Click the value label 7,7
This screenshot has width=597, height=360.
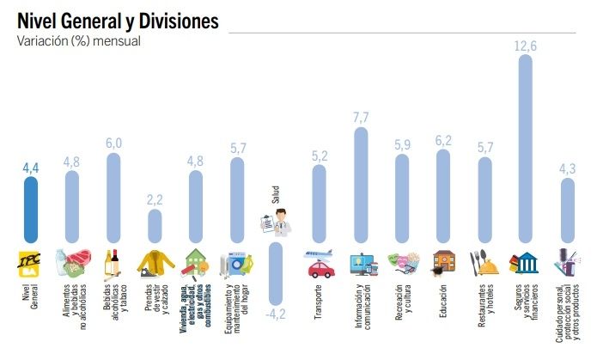(x=361, y=117)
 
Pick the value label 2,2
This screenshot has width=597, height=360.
(x=155, y=199)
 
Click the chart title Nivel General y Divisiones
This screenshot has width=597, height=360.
(x=118, y=18)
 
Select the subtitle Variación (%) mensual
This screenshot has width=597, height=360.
(x=78, y=40)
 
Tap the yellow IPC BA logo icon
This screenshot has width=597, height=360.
(x=31, y=262)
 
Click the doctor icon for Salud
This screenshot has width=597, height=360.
(x=277, y=223)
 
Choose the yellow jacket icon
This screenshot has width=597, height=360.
(x=155, y=262)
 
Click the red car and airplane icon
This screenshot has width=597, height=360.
(x=319, y=263)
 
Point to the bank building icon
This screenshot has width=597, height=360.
(x=526, y=262)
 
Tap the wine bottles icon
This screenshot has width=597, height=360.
(x=113, y=262)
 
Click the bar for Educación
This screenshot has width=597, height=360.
(x=443, y=197)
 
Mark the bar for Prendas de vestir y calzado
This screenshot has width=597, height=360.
(x=155, y=226)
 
